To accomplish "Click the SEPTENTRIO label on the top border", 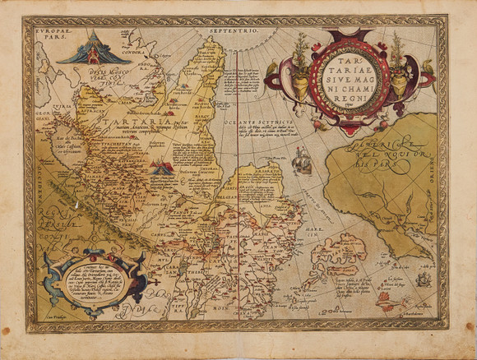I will point(233,30).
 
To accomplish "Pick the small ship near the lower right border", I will point(422,282).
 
